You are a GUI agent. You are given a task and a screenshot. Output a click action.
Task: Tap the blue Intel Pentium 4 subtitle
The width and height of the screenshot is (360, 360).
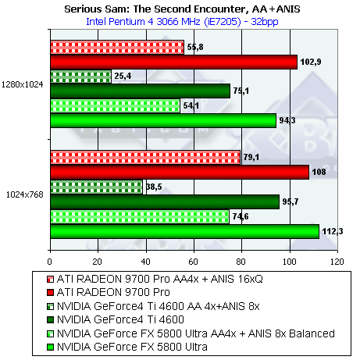(182, 21)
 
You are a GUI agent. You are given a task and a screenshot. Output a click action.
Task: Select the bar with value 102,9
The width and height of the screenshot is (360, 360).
(174, 62)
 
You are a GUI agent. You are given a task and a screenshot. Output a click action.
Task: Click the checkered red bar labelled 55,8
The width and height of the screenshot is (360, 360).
(117, 48)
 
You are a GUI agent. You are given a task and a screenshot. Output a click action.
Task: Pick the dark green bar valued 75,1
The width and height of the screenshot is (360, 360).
(141, 91)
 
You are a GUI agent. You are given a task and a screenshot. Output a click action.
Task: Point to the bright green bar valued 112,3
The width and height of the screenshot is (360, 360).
(185, 231)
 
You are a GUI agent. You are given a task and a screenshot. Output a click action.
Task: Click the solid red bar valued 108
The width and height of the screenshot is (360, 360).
(180, 172)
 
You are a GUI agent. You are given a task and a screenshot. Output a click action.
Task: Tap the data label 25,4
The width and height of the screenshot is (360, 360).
(123, 76)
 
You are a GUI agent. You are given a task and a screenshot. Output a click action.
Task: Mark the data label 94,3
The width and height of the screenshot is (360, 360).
(287, 120)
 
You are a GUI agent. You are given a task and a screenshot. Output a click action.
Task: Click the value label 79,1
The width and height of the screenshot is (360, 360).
(251, 157)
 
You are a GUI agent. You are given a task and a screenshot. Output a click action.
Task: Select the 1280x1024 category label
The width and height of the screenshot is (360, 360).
(23, 84)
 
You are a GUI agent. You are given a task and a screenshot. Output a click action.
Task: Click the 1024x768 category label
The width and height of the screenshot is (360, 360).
(25, 194)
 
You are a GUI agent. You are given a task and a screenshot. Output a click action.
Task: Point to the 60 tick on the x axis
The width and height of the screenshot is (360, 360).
(194, 262)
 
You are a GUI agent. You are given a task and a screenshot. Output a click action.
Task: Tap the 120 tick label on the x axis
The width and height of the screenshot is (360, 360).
(337, 262)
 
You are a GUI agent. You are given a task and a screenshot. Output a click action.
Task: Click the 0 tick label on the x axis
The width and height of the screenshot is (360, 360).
(50, 262)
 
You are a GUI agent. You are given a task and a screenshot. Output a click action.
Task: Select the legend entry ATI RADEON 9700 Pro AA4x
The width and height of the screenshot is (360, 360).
(155, 279)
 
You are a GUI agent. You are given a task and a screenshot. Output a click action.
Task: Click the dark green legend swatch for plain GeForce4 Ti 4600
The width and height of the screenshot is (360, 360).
(50, 319)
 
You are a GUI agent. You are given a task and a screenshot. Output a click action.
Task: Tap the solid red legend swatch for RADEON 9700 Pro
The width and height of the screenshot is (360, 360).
(50, 293)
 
